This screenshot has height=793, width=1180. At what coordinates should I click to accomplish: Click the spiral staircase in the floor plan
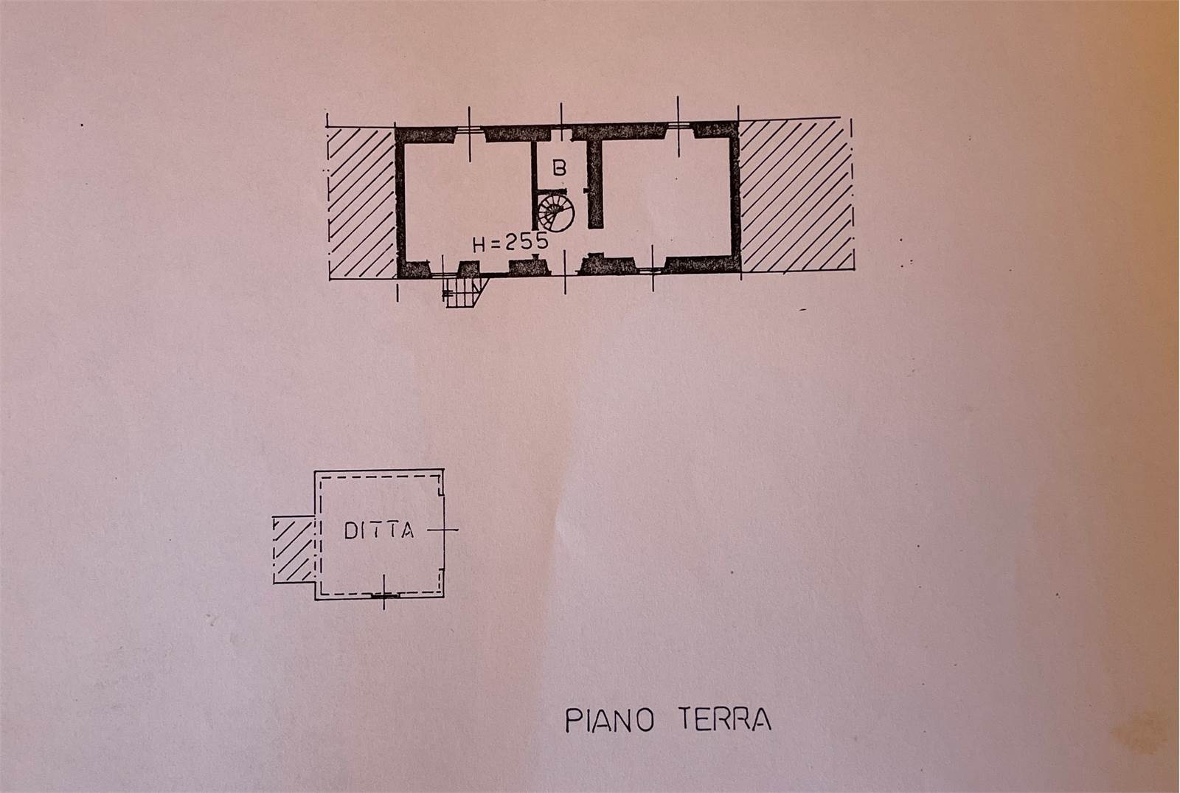click(556, 212)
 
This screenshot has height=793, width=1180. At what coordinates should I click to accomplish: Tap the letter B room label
click(559, 167)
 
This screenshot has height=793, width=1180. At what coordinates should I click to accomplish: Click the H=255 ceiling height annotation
click(510, 243)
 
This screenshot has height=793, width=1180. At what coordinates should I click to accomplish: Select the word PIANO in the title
click(609, 721)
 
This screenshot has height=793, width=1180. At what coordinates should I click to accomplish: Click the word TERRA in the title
click(724, 718)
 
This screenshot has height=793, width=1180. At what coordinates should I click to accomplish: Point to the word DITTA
click(379, 530)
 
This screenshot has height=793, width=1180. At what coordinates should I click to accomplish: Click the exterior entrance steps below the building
click(465, 292)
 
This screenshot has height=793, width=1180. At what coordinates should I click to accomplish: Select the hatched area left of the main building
click(361, 203)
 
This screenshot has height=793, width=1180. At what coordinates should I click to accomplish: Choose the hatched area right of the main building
click(796, 195)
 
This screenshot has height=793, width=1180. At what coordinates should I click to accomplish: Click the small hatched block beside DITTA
click(294, 550)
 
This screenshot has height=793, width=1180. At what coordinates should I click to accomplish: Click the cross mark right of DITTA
click(443, 530)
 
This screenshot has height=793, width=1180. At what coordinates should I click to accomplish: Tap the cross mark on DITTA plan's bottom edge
click(384, 592)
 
